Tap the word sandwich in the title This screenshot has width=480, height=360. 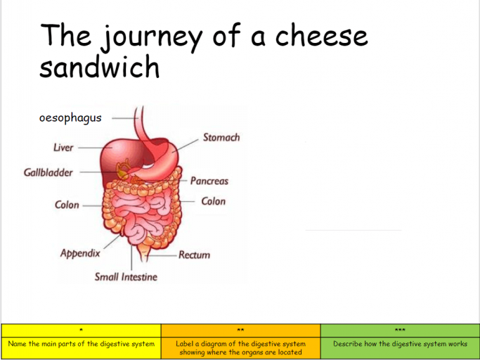pos(100,66)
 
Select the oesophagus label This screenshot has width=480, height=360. pos(70,117)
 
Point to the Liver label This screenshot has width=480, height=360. pos(63,148)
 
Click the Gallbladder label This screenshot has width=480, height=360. pos(48,172)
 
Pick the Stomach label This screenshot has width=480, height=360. pos(221,137)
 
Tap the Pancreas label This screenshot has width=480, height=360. pos(209,181)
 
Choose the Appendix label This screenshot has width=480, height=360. pos(80,253)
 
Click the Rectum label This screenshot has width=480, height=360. pos(195,255)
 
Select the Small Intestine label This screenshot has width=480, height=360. pos(126,276)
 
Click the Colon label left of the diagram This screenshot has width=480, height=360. pos(67,205)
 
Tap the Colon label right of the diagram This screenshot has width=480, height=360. pos(214,201)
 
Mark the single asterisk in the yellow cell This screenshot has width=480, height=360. pos(81,330)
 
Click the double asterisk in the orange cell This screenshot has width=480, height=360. pos(240,330)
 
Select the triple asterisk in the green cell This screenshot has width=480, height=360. pos(400,330)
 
